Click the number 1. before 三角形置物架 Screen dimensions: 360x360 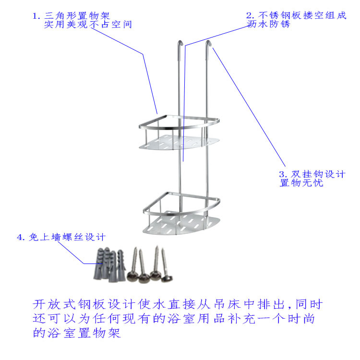(36, 15)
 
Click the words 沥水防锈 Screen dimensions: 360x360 (269, 24)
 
